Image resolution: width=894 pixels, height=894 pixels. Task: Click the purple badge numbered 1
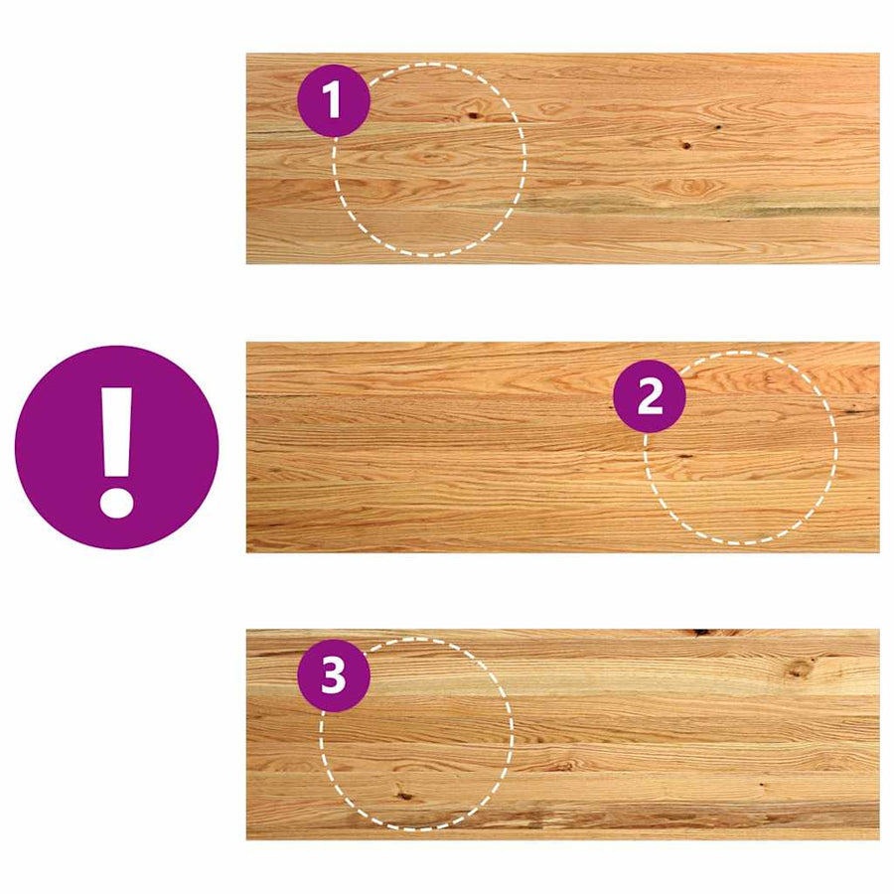pos(334,101)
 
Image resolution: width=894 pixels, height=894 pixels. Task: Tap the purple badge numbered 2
pos(650,396)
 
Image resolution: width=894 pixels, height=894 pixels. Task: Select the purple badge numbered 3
pos(334,675)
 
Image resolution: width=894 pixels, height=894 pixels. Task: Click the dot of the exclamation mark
pos(117,502)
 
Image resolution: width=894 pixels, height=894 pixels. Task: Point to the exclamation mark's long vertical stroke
pos(117,432)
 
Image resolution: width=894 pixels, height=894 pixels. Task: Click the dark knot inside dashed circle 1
pos(473,116)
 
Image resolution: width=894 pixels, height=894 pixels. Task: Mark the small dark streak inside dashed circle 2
pos(683,456)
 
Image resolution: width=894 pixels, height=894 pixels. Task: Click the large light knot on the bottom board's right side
pos(801,669)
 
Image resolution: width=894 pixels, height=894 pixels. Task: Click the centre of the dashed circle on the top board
pos(429,160)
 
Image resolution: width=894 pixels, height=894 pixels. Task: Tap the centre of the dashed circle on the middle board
pos(741,448)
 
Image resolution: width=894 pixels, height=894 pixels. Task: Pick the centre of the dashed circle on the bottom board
pos(417,734)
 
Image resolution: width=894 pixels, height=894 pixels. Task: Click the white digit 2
pos(650,396)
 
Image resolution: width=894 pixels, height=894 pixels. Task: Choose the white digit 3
pos(334,676)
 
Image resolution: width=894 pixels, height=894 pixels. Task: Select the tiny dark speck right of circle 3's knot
pos(762,785)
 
